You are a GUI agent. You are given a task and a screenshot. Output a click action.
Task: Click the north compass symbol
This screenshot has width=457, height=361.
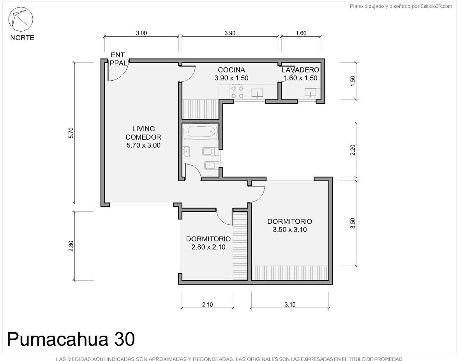[20, 19]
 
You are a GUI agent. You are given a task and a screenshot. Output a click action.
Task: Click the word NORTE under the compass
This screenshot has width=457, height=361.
[22, 38]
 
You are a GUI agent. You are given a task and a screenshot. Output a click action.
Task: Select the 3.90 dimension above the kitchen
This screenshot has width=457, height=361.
[230, 33]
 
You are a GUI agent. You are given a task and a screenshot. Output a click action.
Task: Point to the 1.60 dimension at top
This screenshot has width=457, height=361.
[301, 33]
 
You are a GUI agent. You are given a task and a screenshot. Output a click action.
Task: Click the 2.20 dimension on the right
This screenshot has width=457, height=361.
[353, 150]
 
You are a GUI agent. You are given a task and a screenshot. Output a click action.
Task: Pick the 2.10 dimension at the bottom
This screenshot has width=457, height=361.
[207, 305]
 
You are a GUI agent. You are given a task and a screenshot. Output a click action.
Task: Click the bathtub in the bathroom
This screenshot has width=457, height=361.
[203, 132]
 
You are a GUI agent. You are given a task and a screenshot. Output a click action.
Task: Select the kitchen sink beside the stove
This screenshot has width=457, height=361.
[257, 93]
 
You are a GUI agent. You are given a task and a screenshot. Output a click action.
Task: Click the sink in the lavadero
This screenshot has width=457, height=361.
[311, 92]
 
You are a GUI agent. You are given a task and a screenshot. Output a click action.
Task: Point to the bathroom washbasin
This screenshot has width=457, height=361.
[186, 152]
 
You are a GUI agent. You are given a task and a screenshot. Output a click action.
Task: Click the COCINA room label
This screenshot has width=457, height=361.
[231, 70]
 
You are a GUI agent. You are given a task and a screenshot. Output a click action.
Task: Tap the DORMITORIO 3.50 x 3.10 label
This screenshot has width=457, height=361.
[290, 225]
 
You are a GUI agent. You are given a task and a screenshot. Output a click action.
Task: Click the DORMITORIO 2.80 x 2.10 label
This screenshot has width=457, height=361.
[208, 243]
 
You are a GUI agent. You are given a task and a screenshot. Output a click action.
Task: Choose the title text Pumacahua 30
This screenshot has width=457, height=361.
[71, 339]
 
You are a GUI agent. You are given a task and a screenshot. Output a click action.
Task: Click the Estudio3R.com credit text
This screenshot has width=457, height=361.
[401, 6]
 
